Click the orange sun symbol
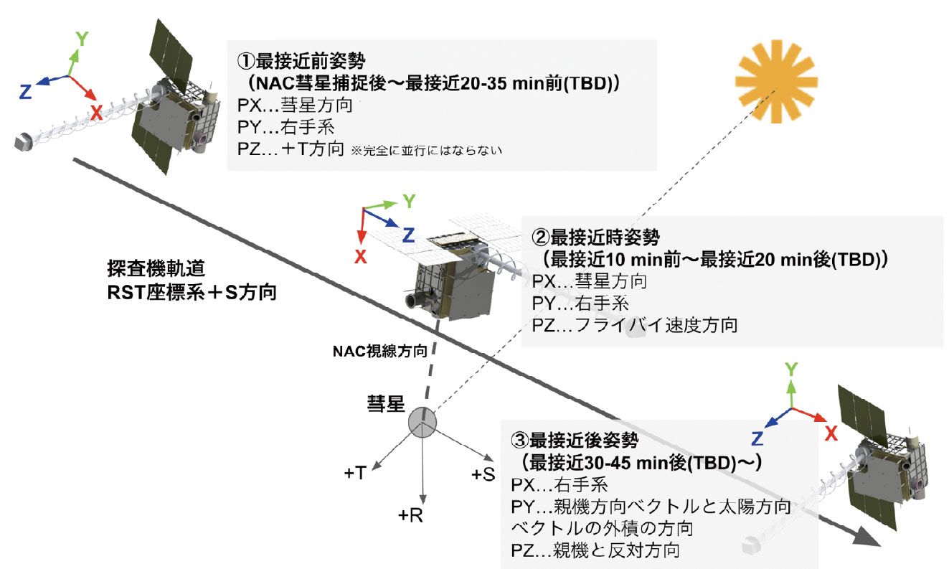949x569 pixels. (x=776, y=82)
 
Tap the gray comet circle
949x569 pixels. (x=422, y=423)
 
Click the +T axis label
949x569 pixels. (x=355, y=473)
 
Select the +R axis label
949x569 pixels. (x=410, y=515)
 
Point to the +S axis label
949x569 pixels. (x=483, y=474)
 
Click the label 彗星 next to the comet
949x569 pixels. (x=385, y=403)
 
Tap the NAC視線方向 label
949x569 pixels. (x=380, y=351)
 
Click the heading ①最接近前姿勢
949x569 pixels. (x=301, y=61)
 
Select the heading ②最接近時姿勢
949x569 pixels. (x=595, y=238)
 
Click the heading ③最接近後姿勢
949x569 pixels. (x=575, y=440)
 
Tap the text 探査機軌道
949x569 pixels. (x=156, y=268)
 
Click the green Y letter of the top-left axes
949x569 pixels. (x=82, y=39)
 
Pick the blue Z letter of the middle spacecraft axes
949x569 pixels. (x=408, y=235)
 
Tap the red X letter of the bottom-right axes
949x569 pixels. (x=831, y=433)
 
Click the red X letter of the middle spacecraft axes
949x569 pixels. (x=361, y=257)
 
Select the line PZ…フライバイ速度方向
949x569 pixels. (x=635, y=325)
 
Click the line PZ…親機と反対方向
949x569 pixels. (x=595, y=550)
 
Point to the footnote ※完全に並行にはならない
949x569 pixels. (x=426, y=151)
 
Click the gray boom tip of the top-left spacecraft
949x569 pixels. (x=23, y=142)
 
